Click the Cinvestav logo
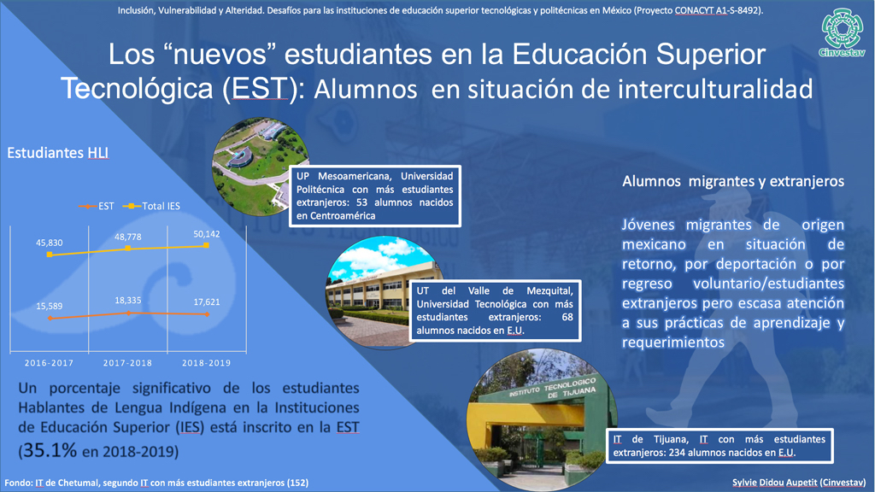(x=843, y=32)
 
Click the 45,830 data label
(x=49, y=243)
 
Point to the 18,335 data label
(x=128, y=300)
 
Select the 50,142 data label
(x=207, y=234)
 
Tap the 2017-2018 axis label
(x=127, y=362)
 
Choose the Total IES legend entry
(x=151, y=207)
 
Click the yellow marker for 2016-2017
(x=50, y=255)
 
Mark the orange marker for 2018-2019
(x=207, y=314)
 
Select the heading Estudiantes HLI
(x=57, y=153)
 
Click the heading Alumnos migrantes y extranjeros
(x=733, y=181)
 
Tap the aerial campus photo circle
(x=261, y=167)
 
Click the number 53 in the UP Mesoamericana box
(x=361, y=202)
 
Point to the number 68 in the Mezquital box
(x=567, y=317)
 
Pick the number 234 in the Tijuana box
(x=677, y=453)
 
